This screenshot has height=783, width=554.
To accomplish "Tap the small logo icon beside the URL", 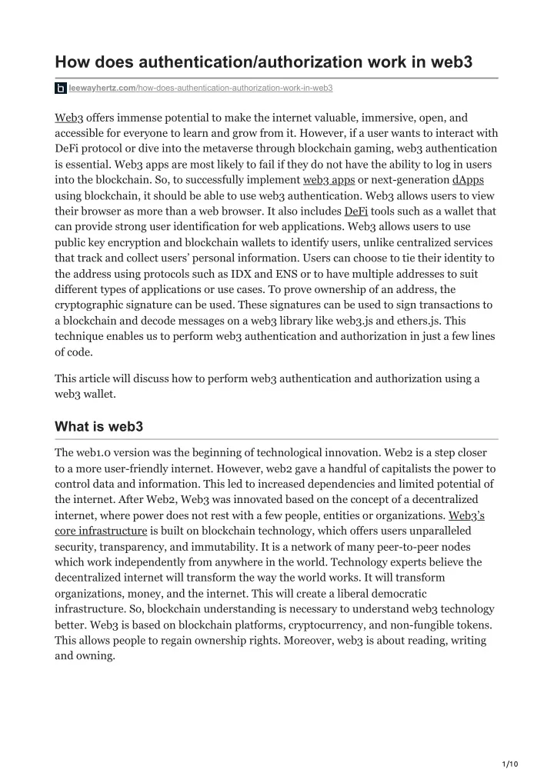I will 61,89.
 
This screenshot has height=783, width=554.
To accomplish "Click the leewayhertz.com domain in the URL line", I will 102,89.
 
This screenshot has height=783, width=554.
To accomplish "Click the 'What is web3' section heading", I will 100,427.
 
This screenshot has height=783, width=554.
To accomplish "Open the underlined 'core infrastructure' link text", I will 101,531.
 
